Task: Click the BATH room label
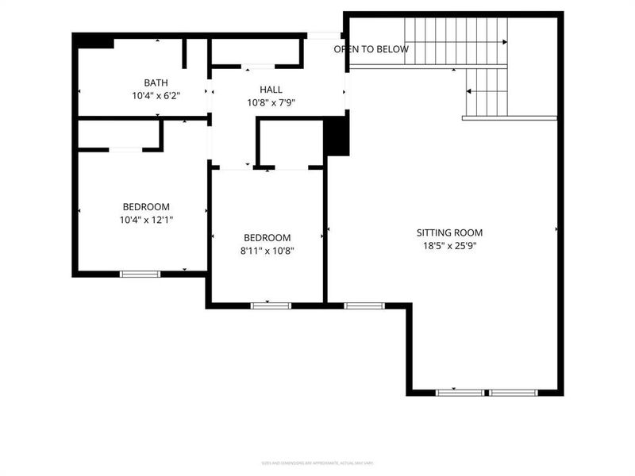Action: point(156,83)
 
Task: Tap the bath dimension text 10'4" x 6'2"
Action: point(156,95)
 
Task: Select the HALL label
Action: point(271,90)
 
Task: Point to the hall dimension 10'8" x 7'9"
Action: point(271,102)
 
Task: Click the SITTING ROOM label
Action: point(449,233)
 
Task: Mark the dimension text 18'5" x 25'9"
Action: point(449,246)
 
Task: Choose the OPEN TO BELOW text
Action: point(371,49)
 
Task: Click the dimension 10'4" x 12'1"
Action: point(146,219)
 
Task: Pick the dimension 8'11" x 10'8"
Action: point(267,251)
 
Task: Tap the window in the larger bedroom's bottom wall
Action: point(140,274)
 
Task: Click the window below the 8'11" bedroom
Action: point(271,305)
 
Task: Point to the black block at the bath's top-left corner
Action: point(94,40)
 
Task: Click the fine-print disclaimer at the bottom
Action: point(317,463)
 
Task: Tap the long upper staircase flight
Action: point(456,41)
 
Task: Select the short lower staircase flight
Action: point(486,92)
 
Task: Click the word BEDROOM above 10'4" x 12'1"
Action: point(146,206)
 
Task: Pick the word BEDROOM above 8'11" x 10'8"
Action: point(267,238)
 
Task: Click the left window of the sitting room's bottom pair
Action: point(460,393)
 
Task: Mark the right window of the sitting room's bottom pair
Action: point(513,393)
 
